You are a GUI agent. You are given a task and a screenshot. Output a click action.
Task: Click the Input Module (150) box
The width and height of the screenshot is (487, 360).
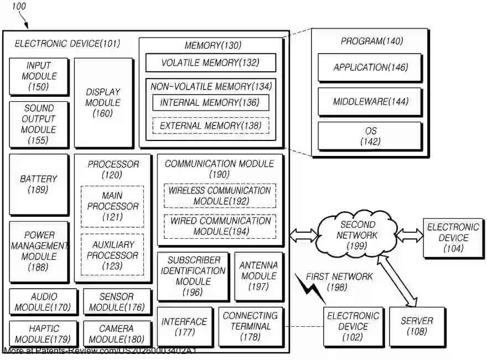click(x=39, y=76)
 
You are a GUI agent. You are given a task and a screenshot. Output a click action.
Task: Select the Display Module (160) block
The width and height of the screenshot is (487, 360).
click(x=103, y=103)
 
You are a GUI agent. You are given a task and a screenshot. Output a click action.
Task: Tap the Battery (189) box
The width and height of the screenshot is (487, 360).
click(x=39, y=184)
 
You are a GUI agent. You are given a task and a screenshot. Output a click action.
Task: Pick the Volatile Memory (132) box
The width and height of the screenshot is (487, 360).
click(x=210, y=62)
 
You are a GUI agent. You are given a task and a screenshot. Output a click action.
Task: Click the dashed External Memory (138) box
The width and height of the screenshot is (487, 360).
click(x=210, y=126)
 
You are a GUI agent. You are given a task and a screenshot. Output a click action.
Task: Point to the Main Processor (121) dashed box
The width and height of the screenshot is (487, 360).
click(x=112, y=206)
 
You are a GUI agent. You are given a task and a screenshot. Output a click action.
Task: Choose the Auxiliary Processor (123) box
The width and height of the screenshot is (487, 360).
click(x=112, y=255)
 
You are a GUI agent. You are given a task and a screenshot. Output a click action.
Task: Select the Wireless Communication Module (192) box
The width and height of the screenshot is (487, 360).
click(x=220, y=196)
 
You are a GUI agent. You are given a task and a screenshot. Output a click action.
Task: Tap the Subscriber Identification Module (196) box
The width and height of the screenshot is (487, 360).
click(x=193, y=276)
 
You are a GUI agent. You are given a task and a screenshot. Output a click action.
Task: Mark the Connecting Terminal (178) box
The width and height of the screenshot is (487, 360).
click(x=250, y=326)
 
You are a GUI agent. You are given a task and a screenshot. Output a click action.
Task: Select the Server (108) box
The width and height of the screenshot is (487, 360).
click(x=417, y=326)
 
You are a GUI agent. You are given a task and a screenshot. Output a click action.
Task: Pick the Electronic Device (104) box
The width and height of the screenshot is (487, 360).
click(x=453, y=238)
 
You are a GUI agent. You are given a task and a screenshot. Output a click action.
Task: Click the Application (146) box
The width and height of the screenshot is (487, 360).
click(x=370, y=67)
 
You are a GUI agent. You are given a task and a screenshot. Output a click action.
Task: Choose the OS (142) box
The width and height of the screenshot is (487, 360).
click(x=370, y=136)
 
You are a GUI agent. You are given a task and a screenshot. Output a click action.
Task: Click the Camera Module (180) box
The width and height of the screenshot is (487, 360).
click(x=117, y=334)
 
